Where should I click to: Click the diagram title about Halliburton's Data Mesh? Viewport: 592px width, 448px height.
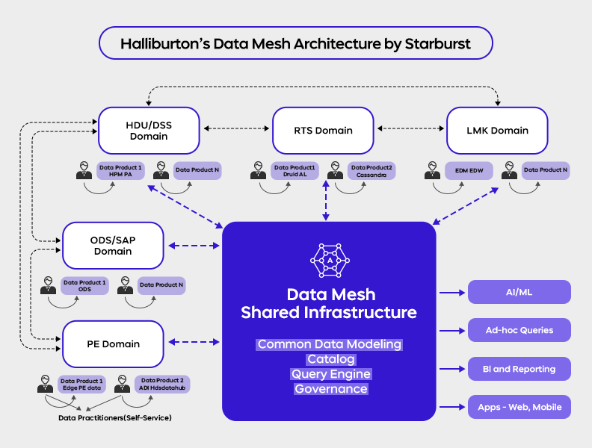pos(295,44)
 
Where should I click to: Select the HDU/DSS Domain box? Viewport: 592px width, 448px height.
pos(149,130)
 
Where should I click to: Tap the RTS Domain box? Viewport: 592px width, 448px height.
pos(323,130)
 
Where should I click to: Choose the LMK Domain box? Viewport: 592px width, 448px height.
pos(497,130)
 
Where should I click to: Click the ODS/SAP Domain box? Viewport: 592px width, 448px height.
pos(113,246)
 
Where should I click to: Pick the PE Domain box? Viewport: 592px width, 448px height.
pos(113,343)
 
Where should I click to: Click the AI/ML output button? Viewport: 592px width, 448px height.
pos(519,292)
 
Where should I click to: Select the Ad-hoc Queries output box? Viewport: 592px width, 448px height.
pos(519,330)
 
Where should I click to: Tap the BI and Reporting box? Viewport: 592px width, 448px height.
pos(519,369)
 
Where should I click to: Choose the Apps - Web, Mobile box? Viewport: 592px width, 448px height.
pos(519,408)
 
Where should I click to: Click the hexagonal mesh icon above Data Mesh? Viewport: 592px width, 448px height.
pos(329,258)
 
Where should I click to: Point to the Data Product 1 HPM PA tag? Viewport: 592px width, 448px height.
pos(120,171)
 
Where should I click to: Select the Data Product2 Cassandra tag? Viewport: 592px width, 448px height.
pos(371,171)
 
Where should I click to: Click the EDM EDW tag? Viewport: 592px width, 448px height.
pos(469,171)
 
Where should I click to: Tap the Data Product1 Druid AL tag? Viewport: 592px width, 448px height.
pos(294,171)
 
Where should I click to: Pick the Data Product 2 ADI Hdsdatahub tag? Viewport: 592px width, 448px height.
pos(161,385)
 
